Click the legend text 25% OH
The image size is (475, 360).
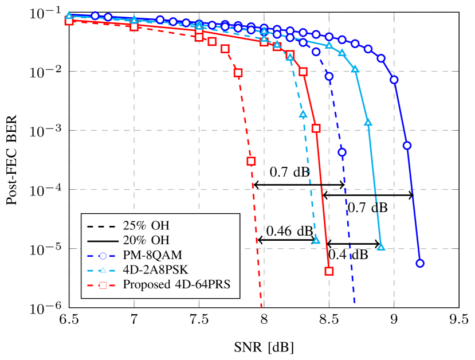coord(146,225)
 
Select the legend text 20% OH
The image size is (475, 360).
coord(146,240)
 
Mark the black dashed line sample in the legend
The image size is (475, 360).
coord(101,225)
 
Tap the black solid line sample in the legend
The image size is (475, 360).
coord(101,240)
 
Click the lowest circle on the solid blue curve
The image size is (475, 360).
coord(420,263)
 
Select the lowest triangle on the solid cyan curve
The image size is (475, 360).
coord(381,247)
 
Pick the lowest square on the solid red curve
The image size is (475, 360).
coord(329,271)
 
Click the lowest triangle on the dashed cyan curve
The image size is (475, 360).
coord(316,240)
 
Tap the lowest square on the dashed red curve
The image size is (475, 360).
coord(251,161)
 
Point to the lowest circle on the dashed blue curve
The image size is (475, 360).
coord(342,152)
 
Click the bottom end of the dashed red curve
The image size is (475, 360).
coord(262,306)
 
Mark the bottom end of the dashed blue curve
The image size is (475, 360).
coord(355,302)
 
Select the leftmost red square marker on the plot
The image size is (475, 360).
coord(69,21)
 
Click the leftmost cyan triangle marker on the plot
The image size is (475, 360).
coord(69,14)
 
